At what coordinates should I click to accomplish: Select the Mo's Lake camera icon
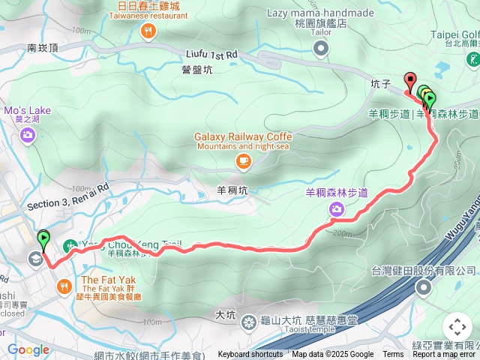tap(28, 135)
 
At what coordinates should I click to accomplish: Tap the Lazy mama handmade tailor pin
tap(321, 49)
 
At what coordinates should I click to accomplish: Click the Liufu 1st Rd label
tap(211, 55)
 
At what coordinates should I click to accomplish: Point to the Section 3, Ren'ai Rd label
tap(67, 195)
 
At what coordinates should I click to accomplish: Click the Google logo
tap(28, 349)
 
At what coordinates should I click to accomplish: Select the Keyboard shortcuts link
tap(250, 355)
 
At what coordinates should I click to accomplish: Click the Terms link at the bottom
tap(393, 355)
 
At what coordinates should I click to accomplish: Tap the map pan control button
tap(457, 327)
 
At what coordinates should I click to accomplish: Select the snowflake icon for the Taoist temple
tap(248, 323)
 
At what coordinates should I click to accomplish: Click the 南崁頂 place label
tap(43, 47)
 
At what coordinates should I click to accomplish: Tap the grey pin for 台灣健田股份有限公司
tap(424, 289)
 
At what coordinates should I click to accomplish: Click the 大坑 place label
tap(225, 314)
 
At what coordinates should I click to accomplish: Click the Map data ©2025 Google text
tap(332, 355)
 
